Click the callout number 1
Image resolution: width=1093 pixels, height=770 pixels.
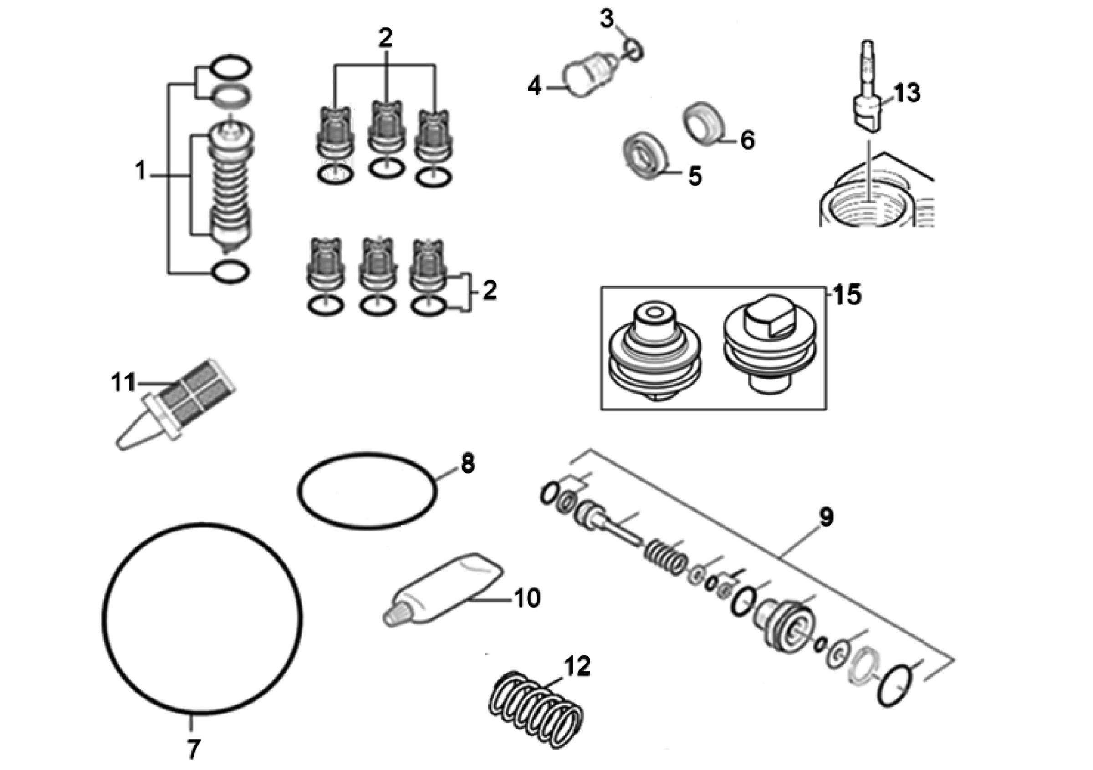click(x=140, y=171)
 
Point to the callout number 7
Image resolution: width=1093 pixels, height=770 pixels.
click(x=193, y=750)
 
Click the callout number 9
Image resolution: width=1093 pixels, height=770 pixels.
click(x=826, y=517)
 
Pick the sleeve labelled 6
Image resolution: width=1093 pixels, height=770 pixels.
click(x=704, y=124)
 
